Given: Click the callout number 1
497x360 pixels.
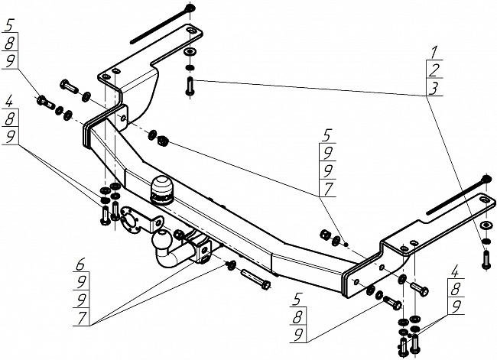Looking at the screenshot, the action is click(x=434, y=52).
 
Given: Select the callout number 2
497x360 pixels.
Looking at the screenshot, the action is click(x=434, y=70).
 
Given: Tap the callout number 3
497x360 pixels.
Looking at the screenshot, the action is click(x=433, y=88).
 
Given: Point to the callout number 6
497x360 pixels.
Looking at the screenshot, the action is click(x=80, y=264).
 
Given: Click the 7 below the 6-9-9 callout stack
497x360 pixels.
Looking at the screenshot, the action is click(x=83, y=317).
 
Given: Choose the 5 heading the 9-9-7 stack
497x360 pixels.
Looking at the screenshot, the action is click(x=327, y=135).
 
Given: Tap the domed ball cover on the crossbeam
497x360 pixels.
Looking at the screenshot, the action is click(x=161, y=190).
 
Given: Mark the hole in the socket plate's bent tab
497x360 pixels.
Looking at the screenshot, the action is click(x=158, y=222).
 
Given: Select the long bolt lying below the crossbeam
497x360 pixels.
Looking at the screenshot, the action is click(x=255, y=278).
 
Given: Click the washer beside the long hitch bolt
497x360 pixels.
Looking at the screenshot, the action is click(x=231, y=265).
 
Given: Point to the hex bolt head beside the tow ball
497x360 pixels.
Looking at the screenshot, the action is click(x=179, y=235).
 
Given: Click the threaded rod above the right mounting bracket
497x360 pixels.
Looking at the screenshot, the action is click(x=459, y=195).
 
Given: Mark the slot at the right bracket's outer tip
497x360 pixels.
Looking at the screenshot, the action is click(x=484, y=200).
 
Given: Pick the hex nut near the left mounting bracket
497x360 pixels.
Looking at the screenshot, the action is click(x=163, y=140).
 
